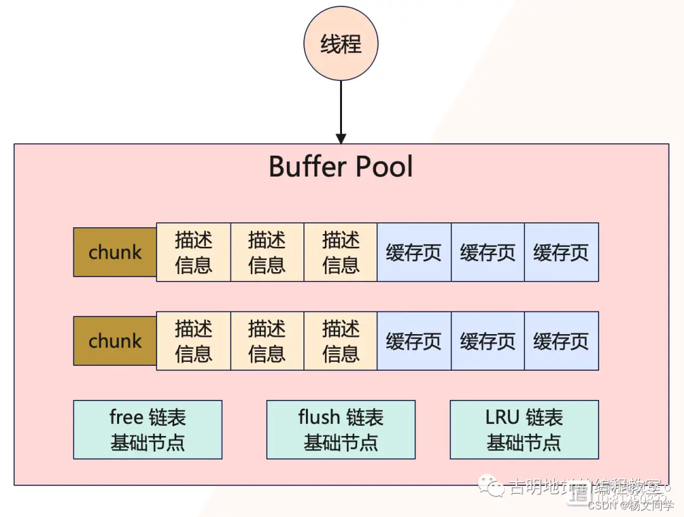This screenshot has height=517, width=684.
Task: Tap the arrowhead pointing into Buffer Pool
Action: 341,138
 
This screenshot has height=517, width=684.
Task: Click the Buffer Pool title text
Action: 341,167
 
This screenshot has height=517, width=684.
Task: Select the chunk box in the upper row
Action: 115,252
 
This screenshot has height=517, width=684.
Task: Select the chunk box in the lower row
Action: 115,341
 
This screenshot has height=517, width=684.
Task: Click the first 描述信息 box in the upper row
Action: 193,252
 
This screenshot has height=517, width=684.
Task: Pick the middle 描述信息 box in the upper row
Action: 267,252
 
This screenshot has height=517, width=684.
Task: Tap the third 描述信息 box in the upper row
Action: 341,252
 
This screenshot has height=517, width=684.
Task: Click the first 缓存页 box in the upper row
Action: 414,252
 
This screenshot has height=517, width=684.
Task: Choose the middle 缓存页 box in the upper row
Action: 488,252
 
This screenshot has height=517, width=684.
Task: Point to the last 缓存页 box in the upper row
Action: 561,252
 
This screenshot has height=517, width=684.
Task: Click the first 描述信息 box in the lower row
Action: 193,340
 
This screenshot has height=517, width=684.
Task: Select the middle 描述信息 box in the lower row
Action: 267,340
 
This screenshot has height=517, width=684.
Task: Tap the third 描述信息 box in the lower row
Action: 341,340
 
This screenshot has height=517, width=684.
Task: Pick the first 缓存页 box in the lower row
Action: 414,340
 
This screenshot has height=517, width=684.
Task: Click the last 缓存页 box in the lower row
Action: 561,340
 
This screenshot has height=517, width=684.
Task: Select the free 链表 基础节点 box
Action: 148,430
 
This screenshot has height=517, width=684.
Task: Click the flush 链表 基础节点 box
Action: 341,430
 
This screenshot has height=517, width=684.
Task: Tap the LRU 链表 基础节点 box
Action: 524,430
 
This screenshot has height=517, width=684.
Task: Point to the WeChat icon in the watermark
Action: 492,487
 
